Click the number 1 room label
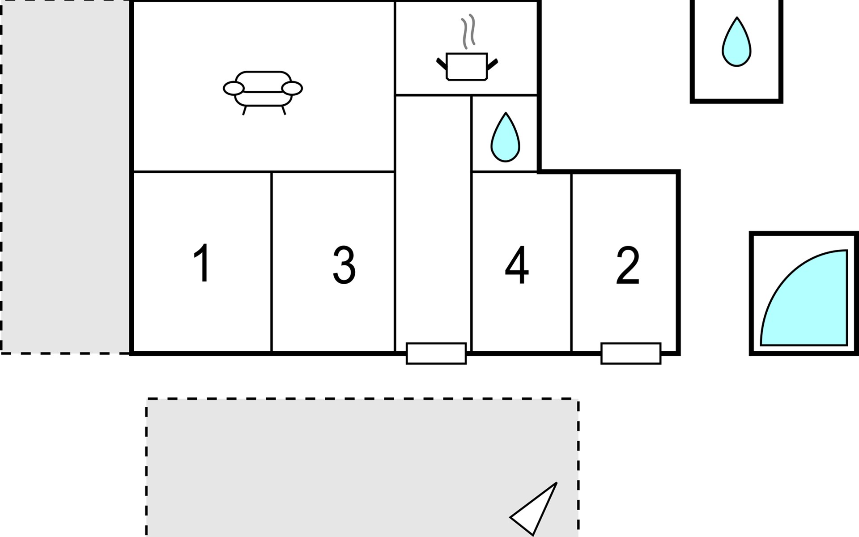pos(202,263)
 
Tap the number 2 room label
pos(628,265)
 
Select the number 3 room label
pos(344,265)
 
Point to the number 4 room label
pos(517,265)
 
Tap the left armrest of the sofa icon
pos(234,89)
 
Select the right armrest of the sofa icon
pos(292,89)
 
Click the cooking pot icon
pos(467,67)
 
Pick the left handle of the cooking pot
pos(442,64)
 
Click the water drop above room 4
pos(505,138)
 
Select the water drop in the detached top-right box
pos(736,43)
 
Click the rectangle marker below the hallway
pos(436,354)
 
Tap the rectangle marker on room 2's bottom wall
pos(631,354)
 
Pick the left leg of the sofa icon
pos(244,111)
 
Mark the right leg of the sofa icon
pos(284,110)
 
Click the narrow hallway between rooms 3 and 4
pos(433,224)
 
